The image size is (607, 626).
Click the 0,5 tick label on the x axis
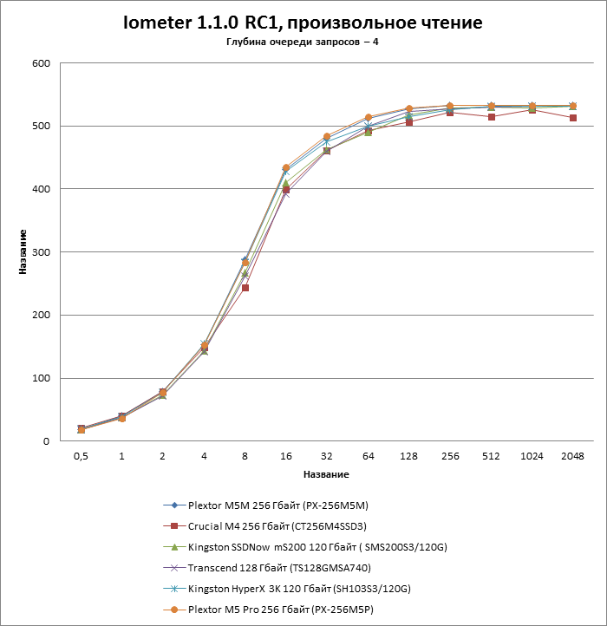[81, 456]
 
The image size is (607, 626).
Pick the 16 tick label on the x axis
[285, 456]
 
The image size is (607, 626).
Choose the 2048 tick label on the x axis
[572, 456]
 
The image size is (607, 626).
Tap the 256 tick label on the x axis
[449, 456]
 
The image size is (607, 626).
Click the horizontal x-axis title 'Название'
[326, 475]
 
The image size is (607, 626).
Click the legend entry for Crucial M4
[270, 526]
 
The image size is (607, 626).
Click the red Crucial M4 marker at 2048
[572, 118]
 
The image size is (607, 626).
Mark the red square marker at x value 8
[245, 288]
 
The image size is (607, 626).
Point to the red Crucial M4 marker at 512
[491, 116]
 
